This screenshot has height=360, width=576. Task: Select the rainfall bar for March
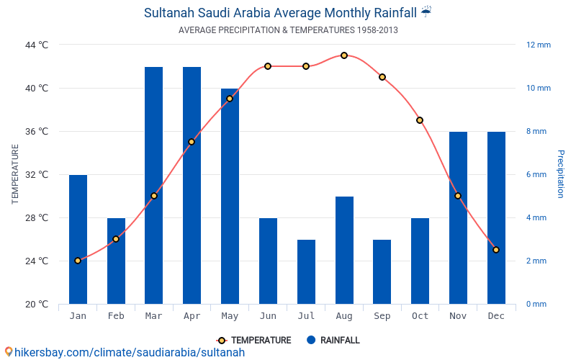(x=153, y=186)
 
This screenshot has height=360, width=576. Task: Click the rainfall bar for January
(x=78, y=240)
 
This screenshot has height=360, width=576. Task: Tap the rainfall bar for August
(x=344, y=250)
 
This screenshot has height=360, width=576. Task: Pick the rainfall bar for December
(x=496, y=218)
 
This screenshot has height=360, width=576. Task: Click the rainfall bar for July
(x=307, y=272)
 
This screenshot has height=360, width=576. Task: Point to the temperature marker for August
(x=344, y=55)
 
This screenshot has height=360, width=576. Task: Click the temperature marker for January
(x=78, y=261)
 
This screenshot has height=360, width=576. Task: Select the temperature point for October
(x=420, y=120)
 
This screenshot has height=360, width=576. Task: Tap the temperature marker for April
(x=192, y=142)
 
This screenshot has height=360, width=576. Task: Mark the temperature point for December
(x=496, y=250)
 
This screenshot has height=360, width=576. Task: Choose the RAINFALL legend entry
(x=333, y=341)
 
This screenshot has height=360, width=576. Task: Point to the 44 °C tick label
(x=37, y=45)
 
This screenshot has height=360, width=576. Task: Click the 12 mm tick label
(x=539, y=45)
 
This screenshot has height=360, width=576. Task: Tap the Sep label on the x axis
(x=382, y=316)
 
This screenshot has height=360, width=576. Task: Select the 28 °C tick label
(x=37, y=218)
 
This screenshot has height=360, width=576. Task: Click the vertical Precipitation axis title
(x=561, y=174)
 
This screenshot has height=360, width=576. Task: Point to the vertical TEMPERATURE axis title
(x=14, y=174)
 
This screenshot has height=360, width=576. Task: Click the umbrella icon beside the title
(x=426, y=12)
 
